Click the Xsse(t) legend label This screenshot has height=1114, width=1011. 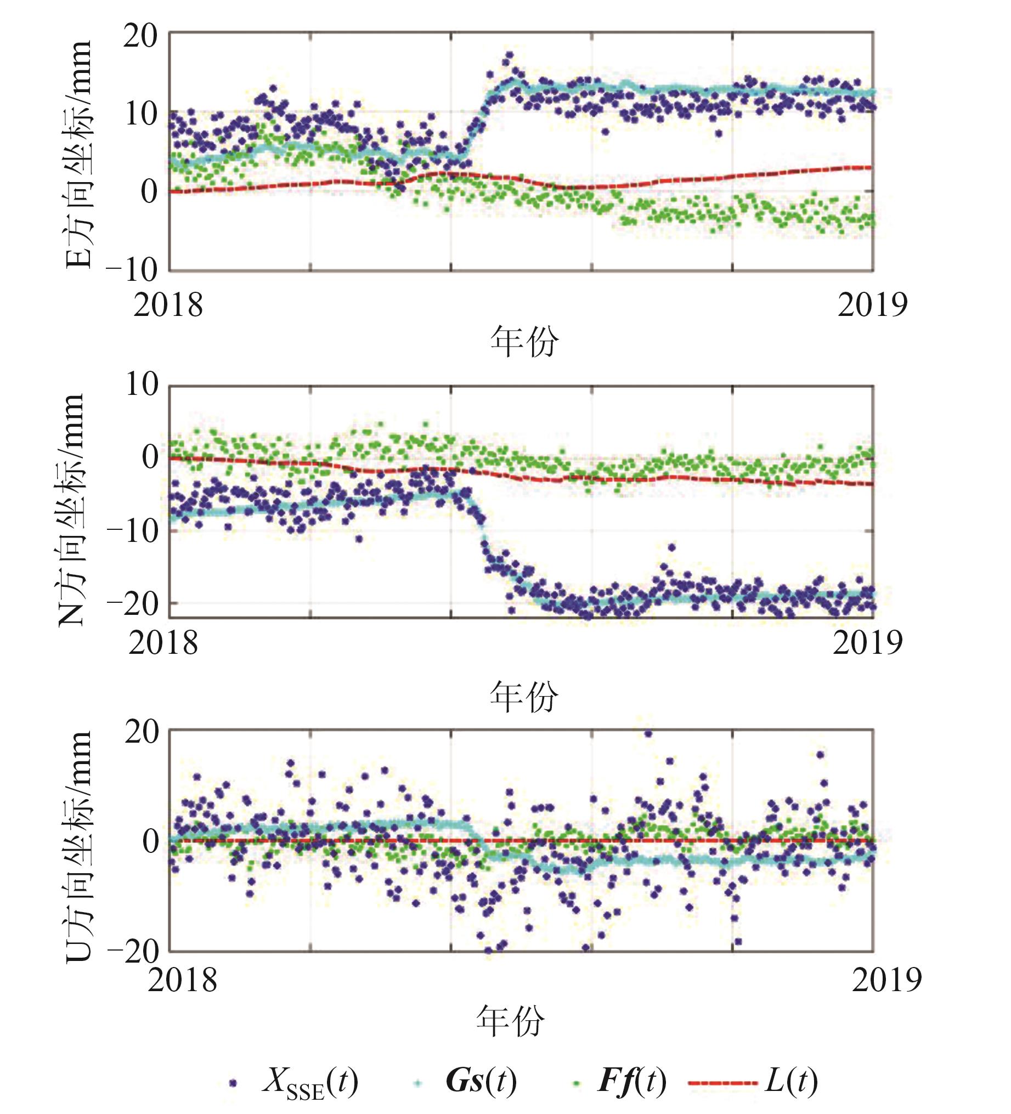coord(310,1083)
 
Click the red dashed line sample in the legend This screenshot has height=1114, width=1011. coord(722,1082)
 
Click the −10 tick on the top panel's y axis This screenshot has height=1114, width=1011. coord(133,270)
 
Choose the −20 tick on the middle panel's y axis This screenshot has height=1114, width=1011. coord(133,604)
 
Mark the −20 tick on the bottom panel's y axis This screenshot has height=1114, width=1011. coord(133,952)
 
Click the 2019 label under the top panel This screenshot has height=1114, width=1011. coord(872,304)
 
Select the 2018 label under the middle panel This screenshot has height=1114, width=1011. coord(163,642)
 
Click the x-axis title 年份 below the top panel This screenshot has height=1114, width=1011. coord(523,342)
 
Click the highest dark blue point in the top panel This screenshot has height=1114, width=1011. coord(509,55)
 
